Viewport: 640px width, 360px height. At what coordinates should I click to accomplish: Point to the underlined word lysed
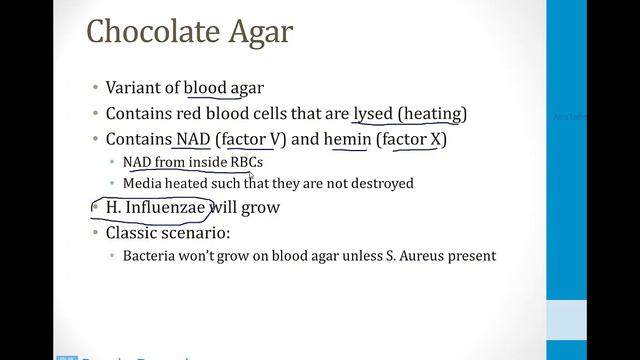374,113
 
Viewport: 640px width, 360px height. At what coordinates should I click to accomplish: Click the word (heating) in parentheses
433,113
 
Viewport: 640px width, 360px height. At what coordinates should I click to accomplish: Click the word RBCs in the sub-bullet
246,161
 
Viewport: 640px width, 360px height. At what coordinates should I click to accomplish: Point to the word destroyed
383,184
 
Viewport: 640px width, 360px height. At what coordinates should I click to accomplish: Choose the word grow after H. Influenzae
261,208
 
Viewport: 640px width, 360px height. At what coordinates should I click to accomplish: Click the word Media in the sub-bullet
141,184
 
